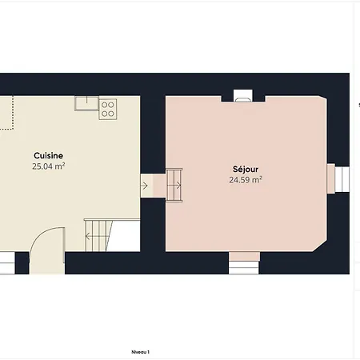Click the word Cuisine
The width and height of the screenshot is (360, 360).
pos(49,155)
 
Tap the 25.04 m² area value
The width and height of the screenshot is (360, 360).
pos(49,167)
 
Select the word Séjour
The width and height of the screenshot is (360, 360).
pos(246,170)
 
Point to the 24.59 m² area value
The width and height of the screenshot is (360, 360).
pos(246,181)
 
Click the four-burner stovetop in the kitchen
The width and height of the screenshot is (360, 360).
pos(108,109)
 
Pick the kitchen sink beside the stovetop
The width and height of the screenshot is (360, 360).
pos(86,103)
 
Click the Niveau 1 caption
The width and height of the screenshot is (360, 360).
pos(141,351)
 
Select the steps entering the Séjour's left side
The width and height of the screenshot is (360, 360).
pos(174,186)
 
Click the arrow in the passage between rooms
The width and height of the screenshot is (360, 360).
pos(145,186)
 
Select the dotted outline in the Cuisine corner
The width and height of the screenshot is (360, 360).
pos(7,112)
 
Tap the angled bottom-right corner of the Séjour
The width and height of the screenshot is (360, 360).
pos(320,242)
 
